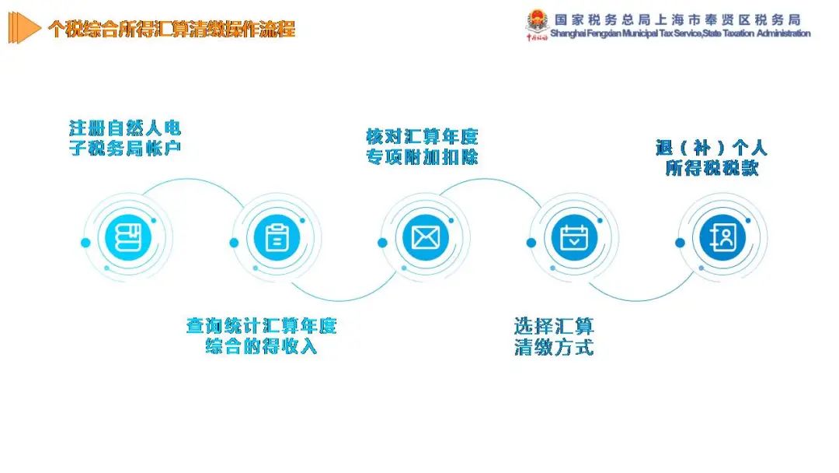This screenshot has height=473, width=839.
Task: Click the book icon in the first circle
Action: [128, 237]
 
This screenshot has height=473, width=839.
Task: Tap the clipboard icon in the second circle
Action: [277, 237]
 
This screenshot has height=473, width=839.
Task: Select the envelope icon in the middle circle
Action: [426, 237]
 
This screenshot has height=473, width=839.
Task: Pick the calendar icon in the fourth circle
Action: [574, 237]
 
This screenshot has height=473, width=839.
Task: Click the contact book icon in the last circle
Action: [722, 236]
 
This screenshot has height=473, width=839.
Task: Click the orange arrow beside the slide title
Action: [24, 28]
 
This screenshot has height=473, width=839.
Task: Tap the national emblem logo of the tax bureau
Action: [537, 22]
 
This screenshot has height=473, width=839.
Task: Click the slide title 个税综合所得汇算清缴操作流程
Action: [171, 29]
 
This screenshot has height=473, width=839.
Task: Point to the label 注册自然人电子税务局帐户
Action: [124, 138]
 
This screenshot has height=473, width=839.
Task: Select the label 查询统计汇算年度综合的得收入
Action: [261, 336]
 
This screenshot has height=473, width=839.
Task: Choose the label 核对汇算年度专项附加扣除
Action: [422, 147]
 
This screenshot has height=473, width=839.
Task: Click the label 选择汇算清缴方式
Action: [554, 336]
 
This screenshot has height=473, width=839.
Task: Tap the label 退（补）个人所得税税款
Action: [711, 157]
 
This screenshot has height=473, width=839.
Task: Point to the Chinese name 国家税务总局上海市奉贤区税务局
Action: [677, 19]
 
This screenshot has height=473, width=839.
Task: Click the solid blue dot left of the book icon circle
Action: [85, 243]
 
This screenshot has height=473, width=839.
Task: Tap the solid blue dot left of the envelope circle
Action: [382, 243]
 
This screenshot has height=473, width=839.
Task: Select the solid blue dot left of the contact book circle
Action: [680, 243]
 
